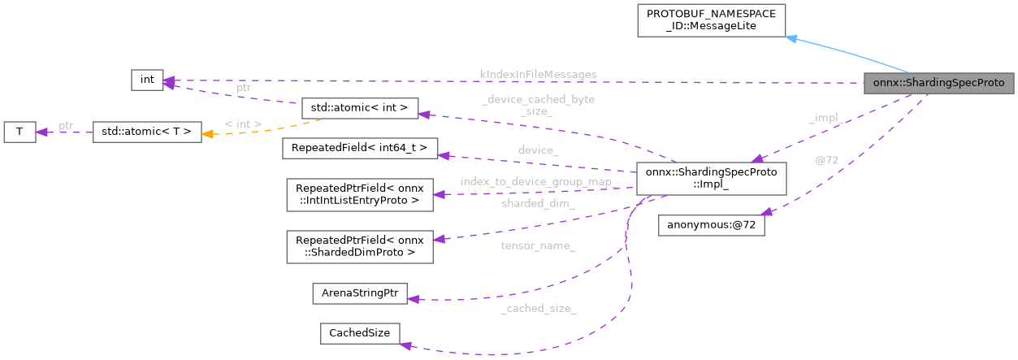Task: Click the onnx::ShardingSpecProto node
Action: click(938, 83)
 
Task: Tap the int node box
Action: click(147, 80)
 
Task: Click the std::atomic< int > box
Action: click(359, 107)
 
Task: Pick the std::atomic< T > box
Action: click(146, 132)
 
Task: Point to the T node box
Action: click(19, 132)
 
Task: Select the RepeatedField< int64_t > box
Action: click(359, 148)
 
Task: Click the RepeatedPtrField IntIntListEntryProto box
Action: click(357, 193)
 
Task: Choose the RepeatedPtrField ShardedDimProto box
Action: click(357, 246)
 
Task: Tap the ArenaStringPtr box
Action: click(360, 293)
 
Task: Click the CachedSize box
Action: click(360, 332)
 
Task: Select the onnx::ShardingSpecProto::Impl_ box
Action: click(711, 178)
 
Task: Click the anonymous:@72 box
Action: click(711, 226)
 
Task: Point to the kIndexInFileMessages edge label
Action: click(538, 75)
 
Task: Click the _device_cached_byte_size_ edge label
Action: click(538, 105)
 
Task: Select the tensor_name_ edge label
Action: click(538, 245)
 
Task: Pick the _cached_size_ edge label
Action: click(538, 308)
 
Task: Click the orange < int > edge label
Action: click(243, 124)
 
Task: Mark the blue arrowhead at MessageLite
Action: click(791, 37)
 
